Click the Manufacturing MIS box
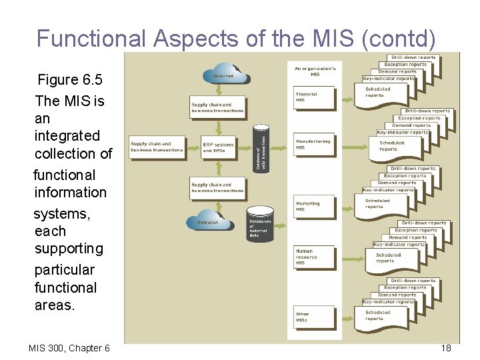pos(314,145)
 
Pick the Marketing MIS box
pos(314,207)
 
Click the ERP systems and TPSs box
pos(219,148)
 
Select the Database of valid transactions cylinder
pos(262,147)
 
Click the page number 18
pos(446,348)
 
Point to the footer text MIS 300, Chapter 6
pos(69,348)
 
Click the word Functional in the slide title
pos(91,39)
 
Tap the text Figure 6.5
pos(70,80)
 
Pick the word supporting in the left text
pos(69,249)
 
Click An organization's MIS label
pos(315,71)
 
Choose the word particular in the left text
pos(65,270)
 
